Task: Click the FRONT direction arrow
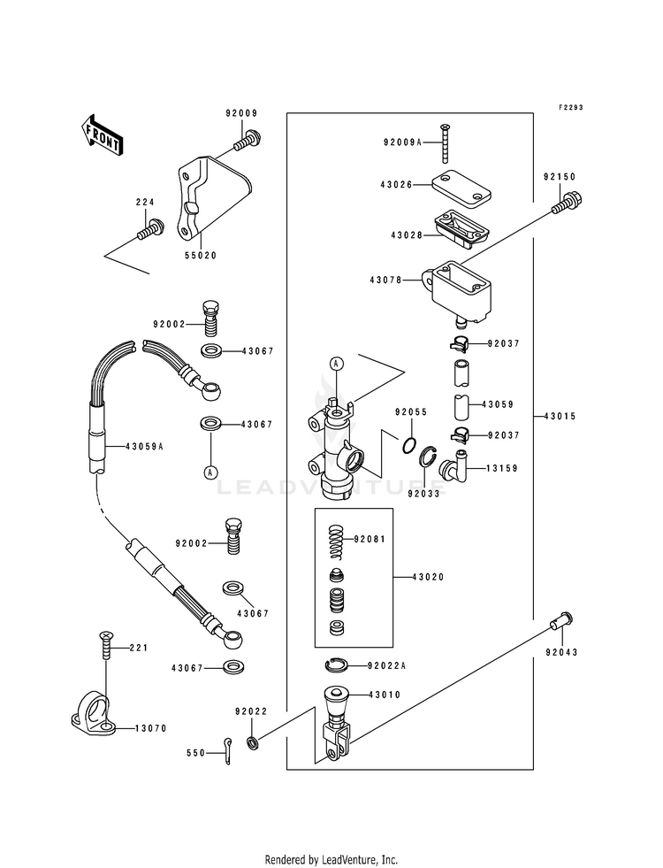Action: point(102,135)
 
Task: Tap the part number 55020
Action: point(201,256)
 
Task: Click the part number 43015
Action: point(560,416)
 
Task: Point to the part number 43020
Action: point(429,577)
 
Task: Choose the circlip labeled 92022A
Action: point(336,664)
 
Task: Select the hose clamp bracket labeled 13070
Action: point(94,713)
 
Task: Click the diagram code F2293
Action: point(570,107)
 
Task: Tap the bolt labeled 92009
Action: point(248,140)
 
